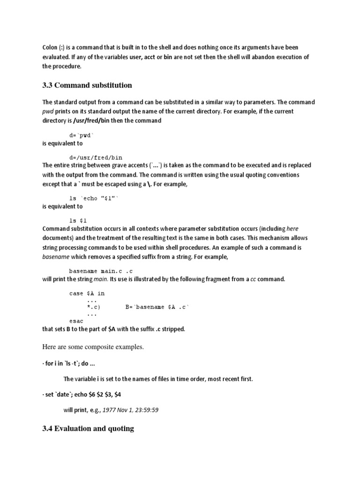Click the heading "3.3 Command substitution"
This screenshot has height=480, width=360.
[x=87, y=85]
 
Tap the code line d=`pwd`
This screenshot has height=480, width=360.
[x=85, y=135]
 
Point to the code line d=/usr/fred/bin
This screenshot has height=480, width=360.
[x=96, y=157]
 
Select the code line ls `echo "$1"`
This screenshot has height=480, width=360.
[x=94, y=198]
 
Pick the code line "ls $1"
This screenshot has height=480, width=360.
[x=78, y=220]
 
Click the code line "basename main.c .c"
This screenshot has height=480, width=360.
[x=101, y=270]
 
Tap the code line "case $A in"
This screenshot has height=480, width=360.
[x=87, y=293]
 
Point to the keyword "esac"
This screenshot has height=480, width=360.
[x=76, y=321]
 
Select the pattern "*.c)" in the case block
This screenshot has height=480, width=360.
[x=94, y=307]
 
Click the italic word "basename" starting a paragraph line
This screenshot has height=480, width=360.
[x=56, y=257]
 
